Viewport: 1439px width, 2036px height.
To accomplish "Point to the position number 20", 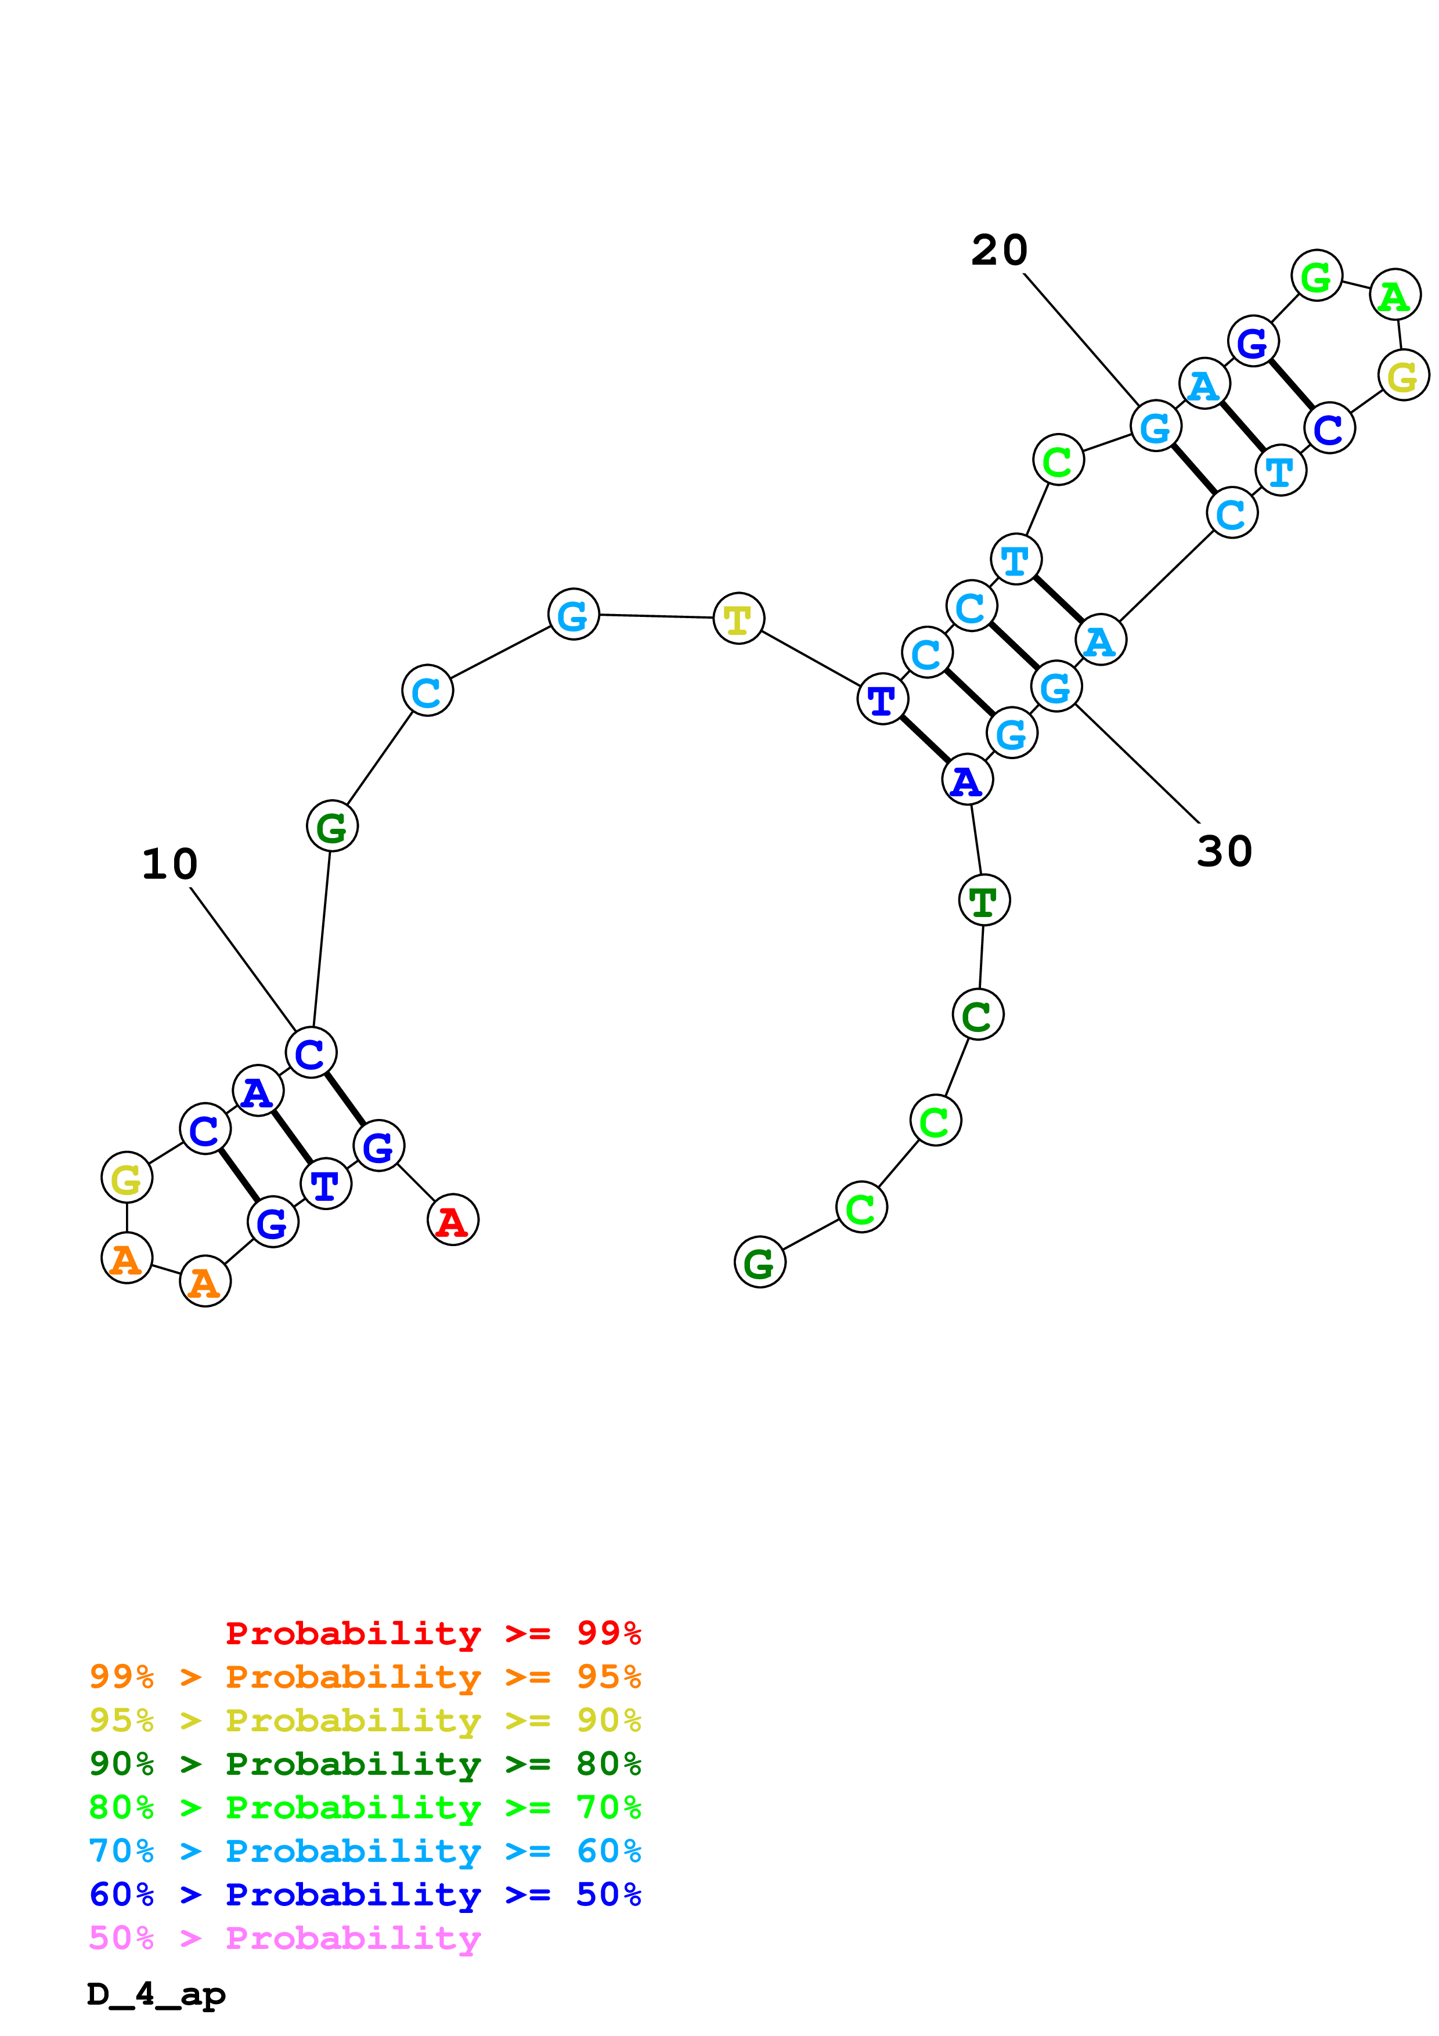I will (999, 251).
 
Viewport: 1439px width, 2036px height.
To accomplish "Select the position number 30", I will (1224, 852).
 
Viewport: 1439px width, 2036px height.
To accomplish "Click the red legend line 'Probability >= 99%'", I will (432, 1633).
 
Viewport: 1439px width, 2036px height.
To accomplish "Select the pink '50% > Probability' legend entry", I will (284, 1937).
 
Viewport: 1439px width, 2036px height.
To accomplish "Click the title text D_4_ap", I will (156, 1994).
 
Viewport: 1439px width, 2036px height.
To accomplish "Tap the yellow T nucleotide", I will (738, 618).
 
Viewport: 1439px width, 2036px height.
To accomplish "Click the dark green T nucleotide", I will (984, 900).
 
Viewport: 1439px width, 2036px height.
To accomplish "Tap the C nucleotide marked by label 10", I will (311, 1053).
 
